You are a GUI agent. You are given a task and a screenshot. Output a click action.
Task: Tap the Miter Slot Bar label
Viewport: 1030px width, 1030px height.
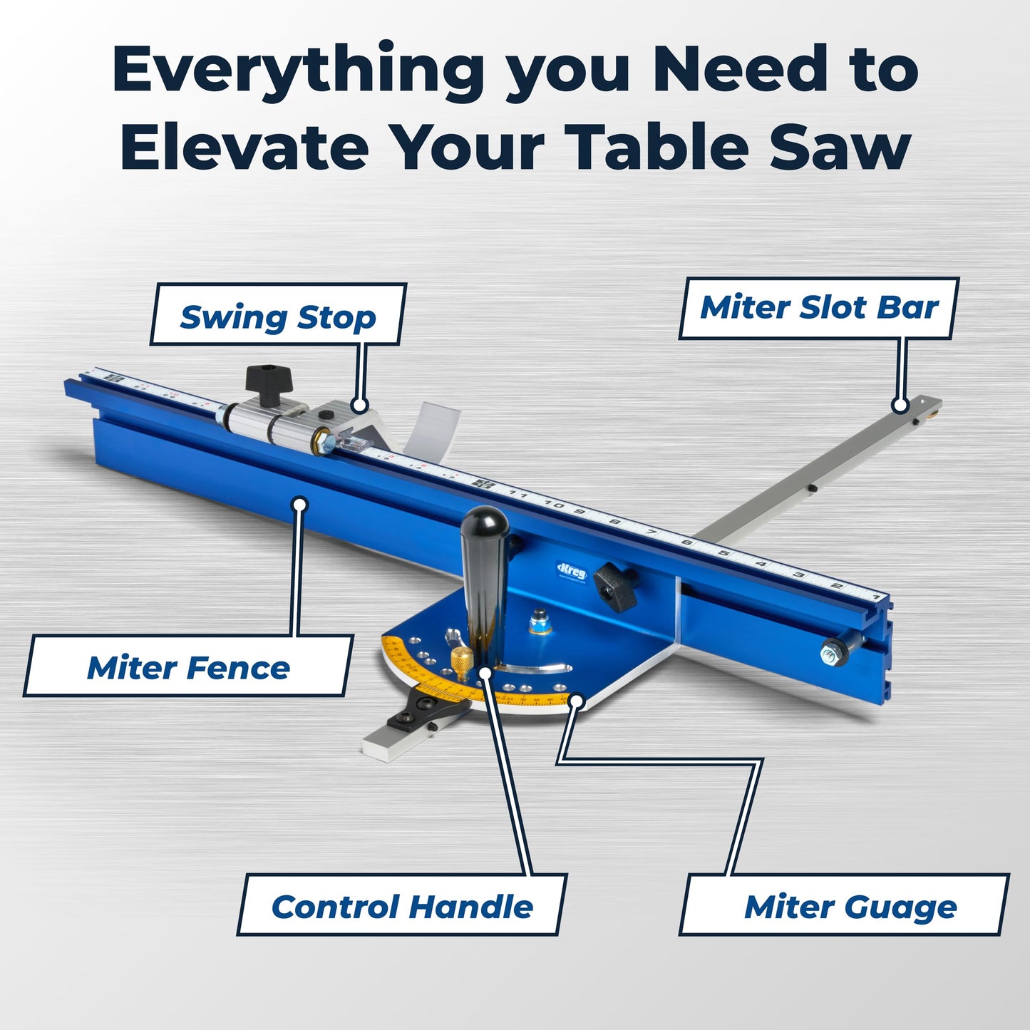pyautogui.click(x=819, y=307)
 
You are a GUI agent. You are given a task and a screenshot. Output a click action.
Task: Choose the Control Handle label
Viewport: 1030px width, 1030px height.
pyautogui.click(x=402, y=906)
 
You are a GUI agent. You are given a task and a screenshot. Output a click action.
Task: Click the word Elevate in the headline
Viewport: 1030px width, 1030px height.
pyautogui.click(x=244, y=147)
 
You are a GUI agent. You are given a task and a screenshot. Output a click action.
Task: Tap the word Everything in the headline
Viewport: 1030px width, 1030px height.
pyautogui.click(x=298, y=68)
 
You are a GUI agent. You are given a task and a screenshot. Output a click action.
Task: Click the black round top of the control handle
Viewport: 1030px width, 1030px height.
pyautogui.click(x=484, y=523)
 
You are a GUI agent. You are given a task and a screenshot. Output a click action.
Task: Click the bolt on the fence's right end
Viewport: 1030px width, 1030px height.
pyautogui.click(x=831, y=652)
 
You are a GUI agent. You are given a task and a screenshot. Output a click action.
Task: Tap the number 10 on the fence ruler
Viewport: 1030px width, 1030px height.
pyautogui.click(x=554, y=505)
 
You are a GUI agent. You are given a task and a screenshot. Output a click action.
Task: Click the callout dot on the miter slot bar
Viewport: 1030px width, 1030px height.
pyautogui.click(x=900, y=406)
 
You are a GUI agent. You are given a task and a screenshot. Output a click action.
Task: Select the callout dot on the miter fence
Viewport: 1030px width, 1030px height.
pyautogui.click(x=300, y=505)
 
